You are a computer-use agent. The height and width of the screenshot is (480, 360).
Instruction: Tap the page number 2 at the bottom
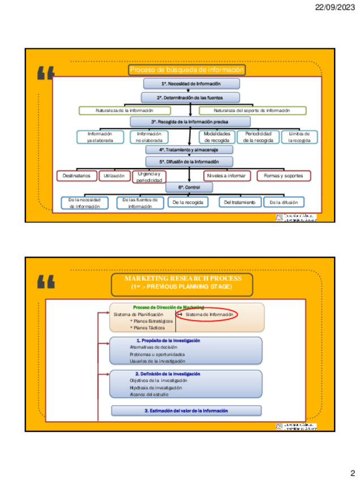352,473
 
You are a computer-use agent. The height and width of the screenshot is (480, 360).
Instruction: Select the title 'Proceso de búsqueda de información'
187,70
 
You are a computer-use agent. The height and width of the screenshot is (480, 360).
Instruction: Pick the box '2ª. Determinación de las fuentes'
187,97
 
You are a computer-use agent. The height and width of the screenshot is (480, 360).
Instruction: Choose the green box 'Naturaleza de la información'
124,110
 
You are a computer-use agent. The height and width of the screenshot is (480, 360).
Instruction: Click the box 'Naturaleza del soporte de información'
252,110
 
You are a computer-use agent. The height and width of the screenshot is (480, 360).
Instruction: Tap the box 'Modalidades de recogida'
217,137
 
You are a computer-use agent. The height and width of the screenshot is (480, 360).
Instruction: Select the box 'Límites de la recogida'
299,137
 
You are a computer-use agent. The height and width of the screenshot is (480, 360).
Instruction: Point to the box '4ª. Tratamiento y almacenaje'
188,150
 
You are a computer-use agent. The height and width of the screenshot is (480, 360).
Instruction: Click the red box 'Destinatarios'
76,176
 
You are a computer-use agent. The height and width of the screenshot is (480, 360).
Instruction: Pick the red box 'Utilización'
113,176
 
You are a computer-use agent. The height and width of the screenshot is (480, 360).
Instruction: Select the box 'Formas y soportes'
284,176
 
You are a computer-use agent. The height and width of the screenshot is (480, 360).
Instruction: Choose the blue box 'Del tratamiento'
239,202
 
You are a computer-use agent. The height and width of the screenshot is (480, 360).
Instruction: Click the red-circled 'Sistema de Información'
209,314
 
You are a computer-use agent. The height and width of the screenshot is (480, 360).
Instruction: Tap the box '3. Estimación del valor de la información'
186,410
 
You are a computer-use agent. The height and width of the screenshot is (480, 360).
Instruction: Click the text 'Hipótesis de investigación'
156,388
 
